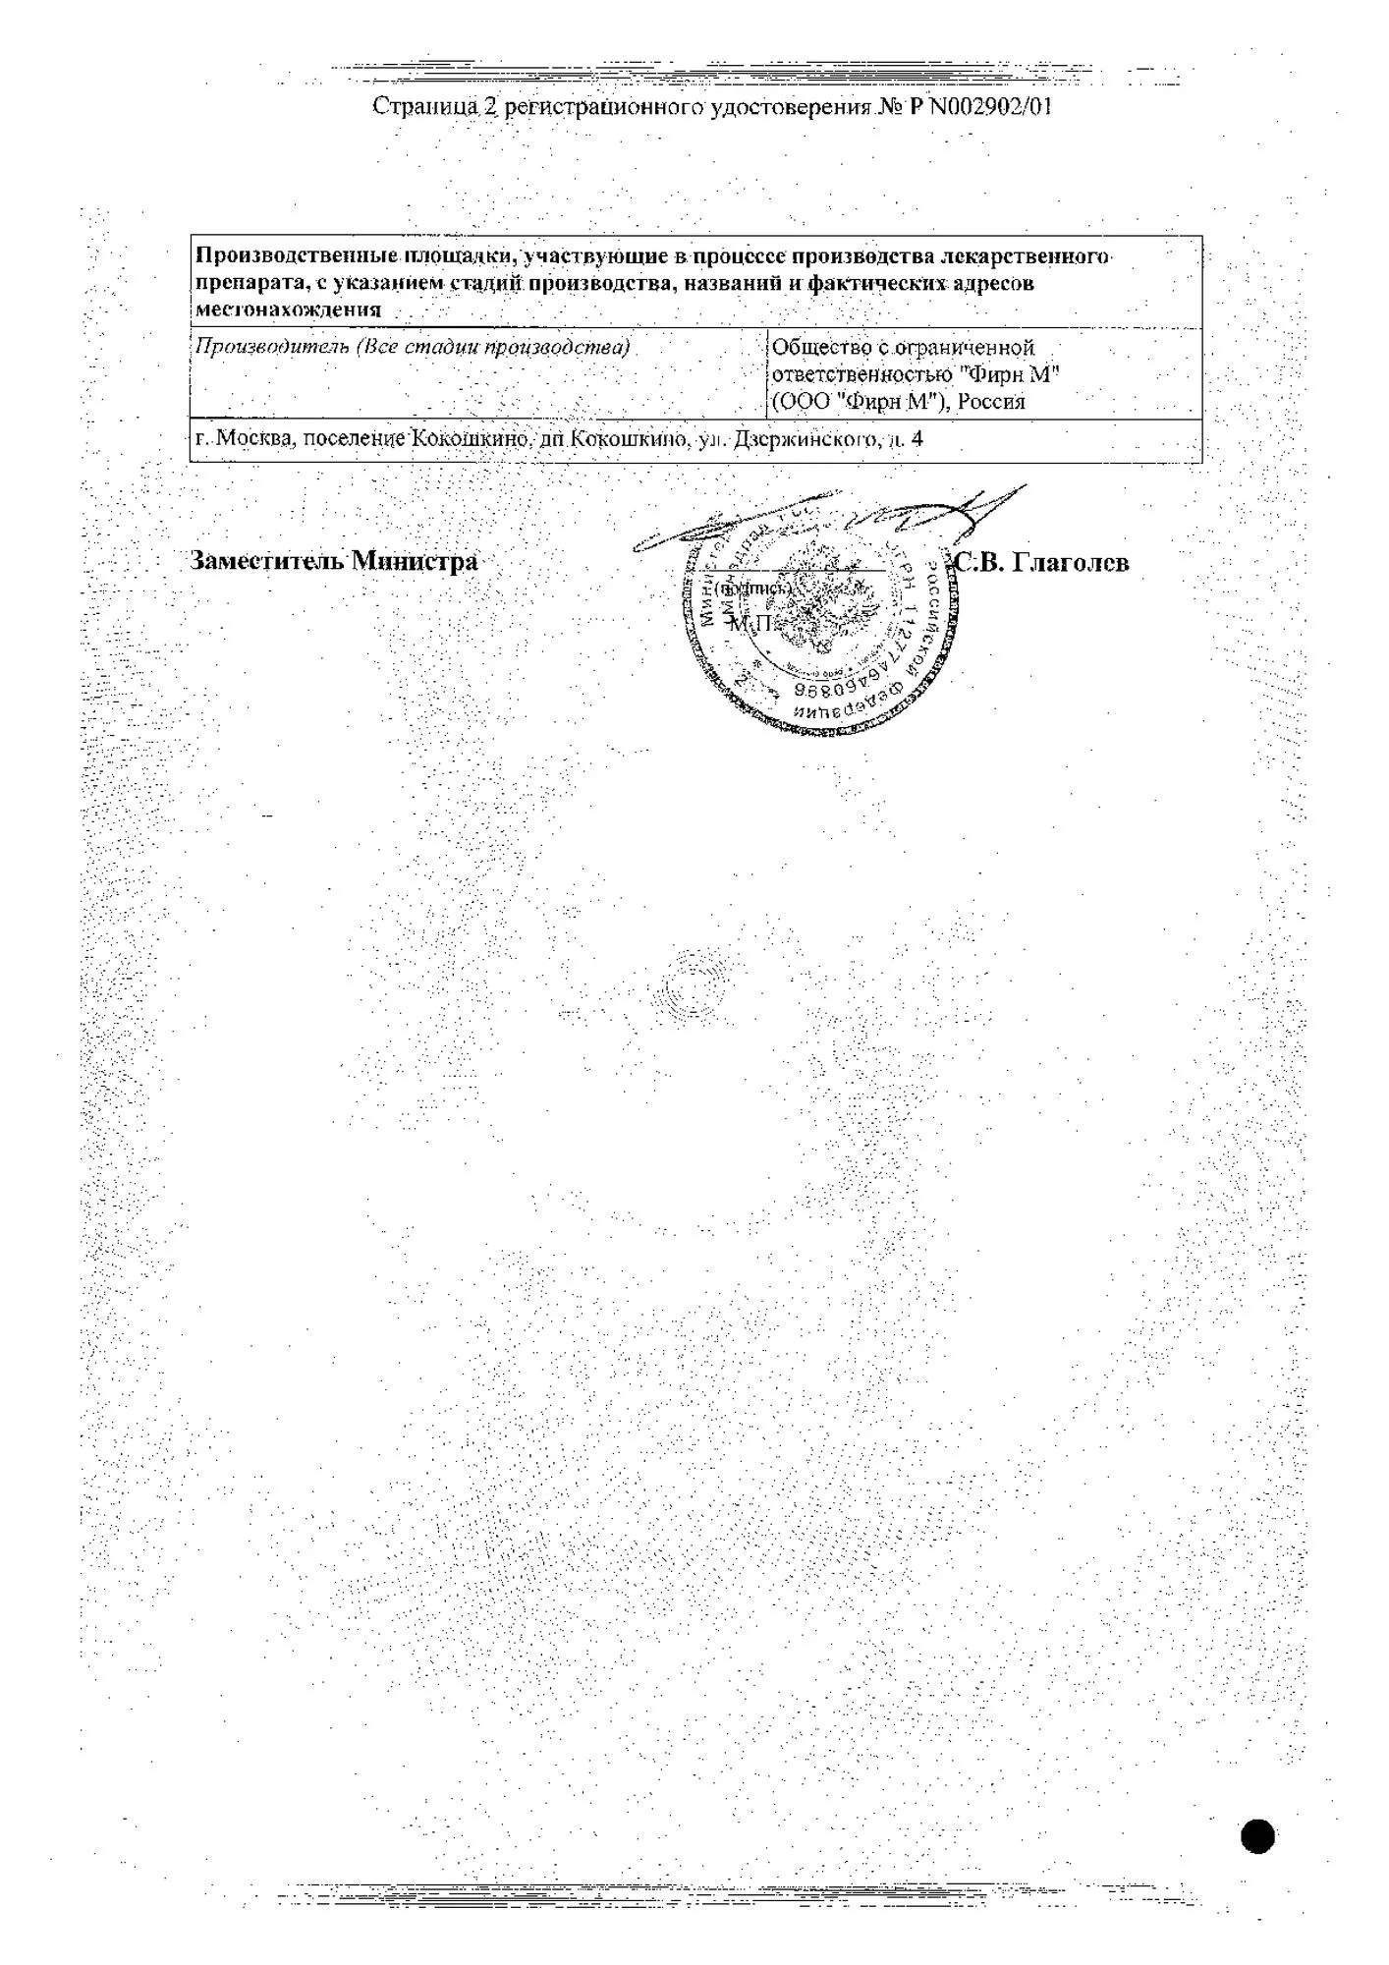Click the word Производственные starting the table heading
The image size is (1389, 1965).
tap(293, 257)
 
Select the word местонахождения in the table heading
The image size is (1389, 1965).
tap(289, 309)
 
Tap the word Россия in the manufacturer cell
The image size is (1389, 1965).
tap(991, 401)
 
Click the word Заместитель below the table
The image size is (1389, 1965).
tap(266, 561)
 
